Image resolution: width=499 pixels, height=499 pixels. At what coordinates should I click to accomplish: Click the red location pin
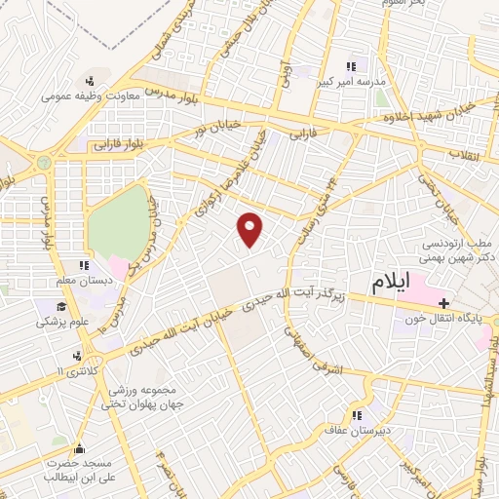[x=250, y=229]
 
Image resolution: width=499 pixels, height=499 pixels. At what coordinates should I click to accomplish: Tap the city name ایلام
[x=398, y=285]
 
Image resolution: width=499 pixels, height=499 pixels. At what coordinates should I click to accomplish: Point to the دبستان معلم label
[x=74, y=281]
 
